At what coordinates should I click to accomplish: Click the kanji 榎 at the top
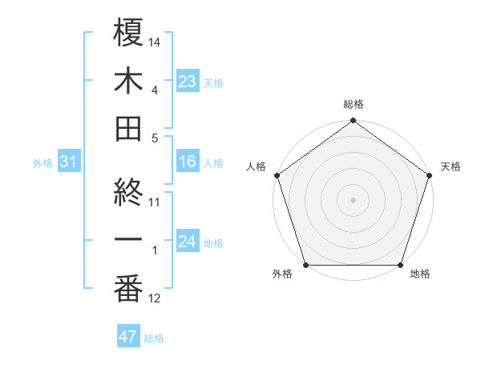pyautogui.click(x=128, y=33)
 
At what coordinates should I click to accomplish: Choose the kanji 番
pyautogui.click(x=128, y=290)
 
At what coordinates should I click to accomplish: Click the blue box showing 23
pyautogui.click(x=188, y=82)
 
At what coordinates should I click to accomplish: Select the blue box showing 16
pyautogui.click(x=188, y=162)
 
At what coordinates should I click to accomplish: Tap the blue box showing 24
pyautogui.click(x=188, y=242)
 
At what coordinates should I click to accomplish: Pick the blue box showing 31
pyautogui.click(x=69, y=162)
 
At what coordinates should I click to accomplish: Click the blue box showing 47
pyautogui.click(x=128, y=337)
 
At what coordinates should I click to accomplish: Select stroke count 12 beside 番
pyautogui.click(x=156, y=299)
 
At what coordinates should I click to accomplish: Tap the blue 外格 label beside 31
pyautogui.click(x=42, y=163)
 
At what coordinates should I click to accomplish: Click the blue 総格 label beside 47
pyautogui.click(x=154, y=338)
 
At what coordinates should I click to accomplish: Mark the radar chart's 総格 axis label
pyautogui.click(x=354, y=104)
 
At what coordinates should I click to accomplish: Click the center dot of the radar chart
pyautogui.click(x=354, y=199)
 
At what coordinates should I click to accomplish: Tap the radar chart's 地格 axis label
pyautogui.click(x=420, y=274)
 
